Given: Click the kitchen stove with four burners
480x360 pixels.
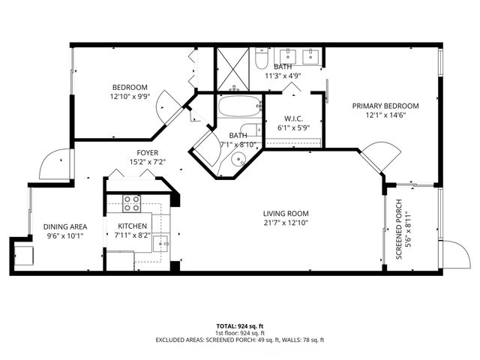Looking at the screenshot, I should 132,202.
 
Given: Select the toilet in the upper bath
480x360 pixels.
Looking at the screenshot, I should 259,58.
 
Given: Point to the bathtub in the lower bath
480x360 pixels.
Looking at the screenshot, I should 239,106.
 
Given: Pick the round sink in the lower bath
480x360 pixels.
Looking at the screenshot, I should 238,158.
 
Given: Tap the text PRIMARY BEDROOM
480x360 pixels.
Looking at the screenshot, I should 385,106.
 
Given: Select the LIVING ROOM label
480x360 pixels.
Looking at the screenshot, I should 286,212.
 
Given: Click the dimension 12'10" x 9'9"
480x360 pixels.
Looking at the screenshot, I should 130,97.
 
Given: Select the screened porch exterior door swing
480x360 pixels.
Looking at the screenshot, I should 452,253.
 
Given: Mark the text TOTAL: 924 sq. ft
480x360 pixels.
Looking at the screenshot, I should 239,326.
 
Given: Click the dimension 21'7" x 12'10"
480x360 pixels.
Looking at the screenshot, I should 286,222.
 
